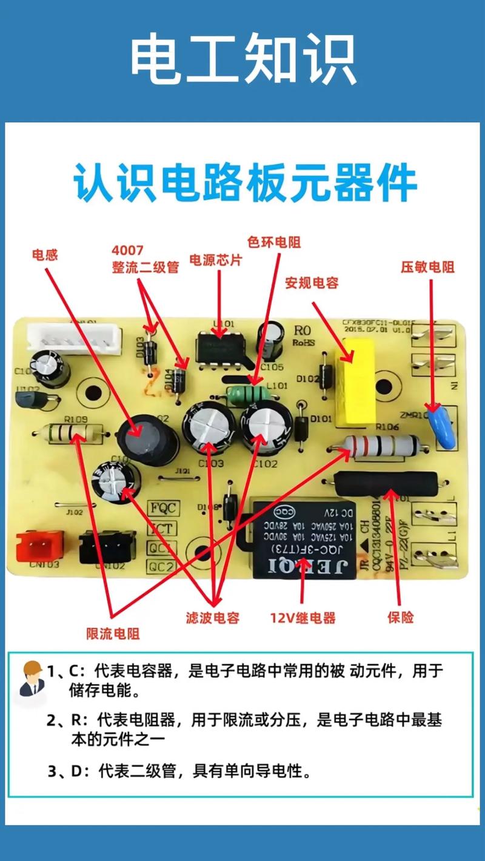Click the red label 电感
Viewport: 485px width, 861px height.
(x=45, y=255)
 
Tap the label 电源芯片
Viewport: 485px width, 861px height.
(x=216, y=260)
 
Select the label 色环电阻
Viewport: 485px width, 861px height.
(x=274, y=242)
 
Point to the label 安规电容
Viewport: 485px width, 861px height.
(x=312, y=283)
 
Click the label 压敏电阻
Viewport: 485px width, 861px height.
(x=427, y=267)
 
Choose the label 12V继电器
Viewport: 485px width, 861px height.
(x=303, y=618)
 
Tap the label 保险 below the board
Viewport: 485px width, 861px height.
(x=400, y=618)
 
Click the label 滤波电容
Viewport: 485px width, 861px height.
(x=213, y=618)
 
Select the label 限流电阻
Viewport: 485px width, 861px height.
(x=113, y=634)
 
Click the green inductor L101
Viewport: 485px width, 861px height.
(x=249, y=394)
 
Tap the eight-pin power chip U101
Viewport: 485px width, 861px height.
(x=221, y=351)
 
